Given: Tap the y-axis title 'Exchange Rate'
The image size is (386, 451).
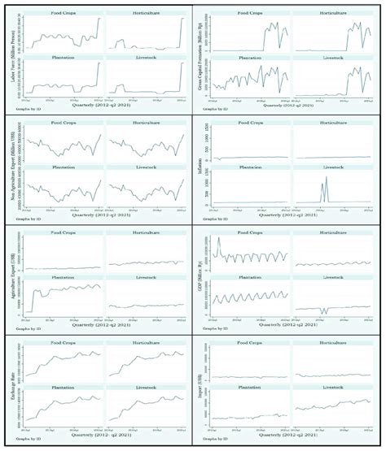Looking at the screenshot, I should [x=10, y=384].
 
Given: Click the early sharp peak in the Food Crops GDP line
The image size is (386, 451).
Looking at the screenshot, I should [x=219, y=241].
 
